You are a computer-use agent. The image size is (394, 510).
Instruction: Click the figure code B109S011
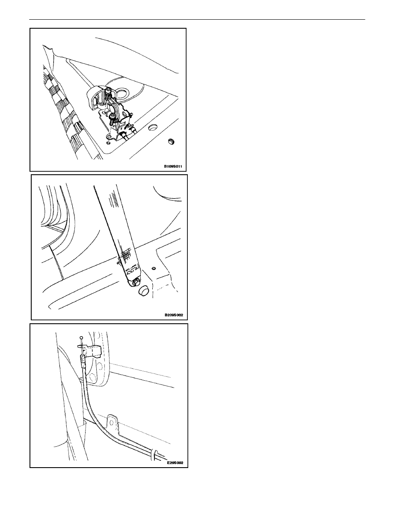[173, 167]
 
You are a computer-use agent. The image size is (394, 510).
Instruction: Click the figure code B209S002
[174, 315]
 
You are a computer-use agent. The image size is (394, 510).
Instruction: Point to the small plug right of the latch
[171, 141]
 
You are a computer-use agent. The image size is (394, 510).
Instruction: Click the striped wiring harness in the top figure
[65, 110]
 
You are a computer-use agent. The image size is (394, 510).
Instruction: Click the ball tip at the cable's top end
[82, 337]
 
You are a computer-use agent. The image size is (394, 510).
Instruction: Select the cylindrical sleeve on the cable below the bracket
[83, 361]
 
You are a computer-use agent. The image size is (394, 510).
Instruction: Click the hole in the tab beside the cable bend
[113, 423]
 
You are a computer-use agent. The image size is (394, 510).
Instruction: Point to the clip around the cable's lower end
[155, 453]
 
